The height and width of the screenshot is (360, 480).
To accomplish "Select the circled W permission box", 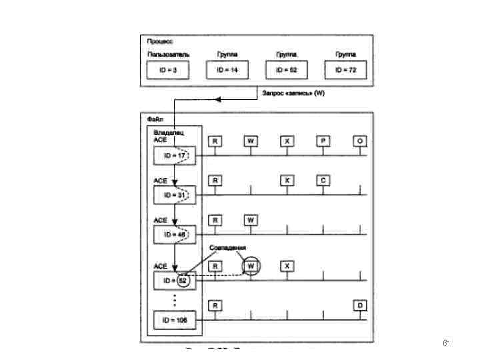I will (x=251, y=266).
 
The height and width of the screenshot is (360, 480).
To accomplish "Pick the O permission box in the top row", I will (x=361, y=141).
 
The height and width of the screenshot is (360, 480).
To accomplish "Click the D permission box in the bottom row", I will (x=361, y=305).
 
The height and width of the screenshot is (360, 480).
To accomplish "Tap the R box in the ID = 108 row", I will (x=215, y=305).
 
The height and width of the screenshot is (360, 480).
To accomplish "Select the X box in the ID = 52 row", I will (x=287, y=266).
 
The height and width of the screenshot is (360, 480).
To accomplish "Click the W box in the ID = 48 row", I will (x=251, y=219).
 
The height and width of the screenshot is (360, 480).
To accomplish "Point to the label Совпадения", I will (x=227, y=247).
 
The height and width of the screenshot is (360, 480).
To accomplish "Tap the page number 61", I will (x=447, y=343).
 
